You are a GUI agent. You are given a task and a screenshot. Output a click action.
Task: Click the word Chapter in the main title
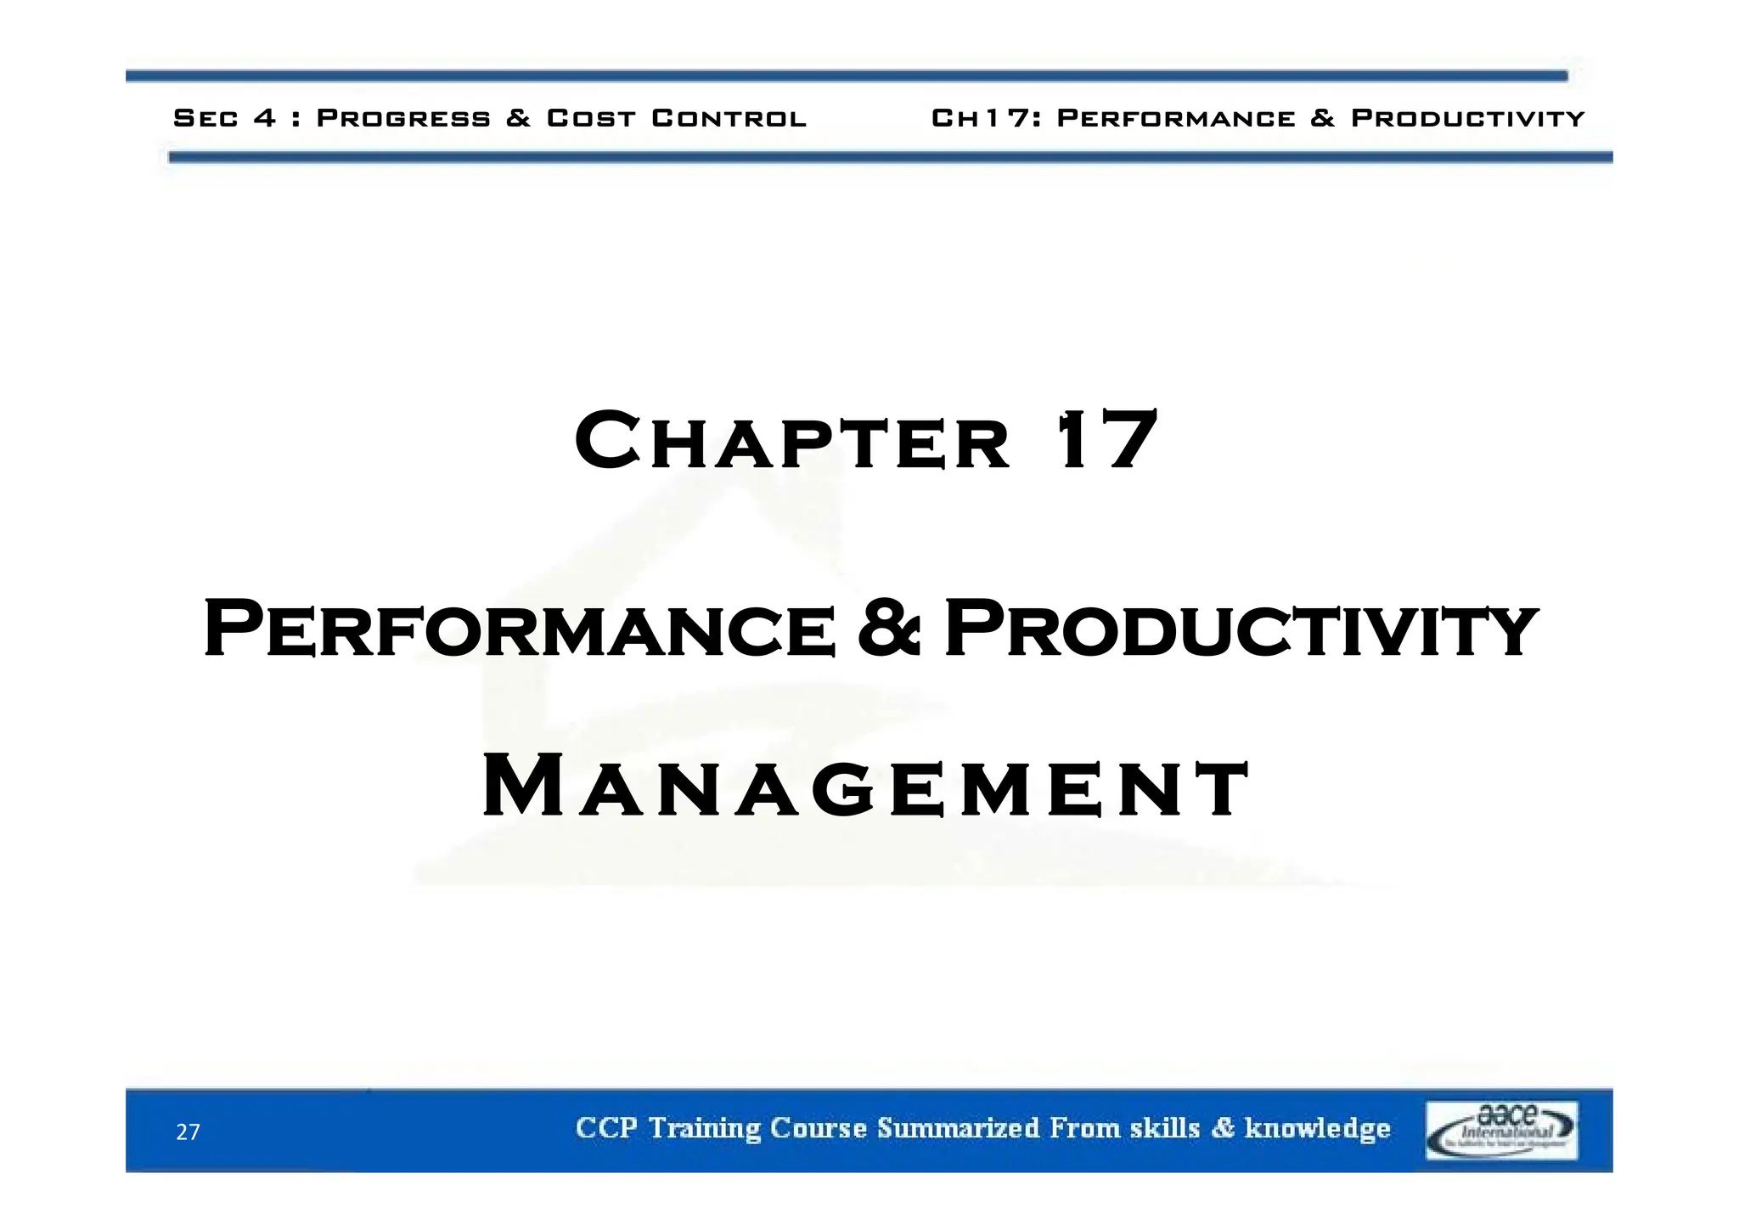[792, 442]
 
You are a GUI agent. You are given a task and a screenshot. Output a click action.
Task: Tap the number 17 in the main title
[1106, 440]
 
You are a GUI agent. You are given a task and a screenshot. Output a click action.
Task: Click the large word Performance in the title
[520, 629]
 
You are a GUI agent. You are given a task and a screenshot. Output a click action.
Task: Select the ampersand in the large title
[888, 629]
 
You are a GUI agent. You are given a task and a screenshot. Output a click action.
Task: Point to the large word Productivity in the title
[1240, 629]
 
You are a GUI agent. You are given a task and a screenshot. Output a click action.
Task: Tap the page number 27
[188, 1132]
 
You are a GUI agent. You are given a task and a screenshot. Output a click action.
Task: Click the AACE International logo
[1501, 1130]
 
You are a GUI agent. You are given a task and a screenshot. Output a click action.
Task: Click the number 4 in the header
[265, 118]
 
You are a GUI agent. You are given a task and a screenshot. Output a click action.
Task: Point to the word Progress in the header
[403, 118]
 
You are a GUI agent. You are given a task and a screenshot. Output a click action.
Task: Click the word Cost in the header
[591, 118]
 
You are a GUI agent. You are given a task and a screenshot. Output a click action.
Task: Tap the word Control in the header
[729, 118]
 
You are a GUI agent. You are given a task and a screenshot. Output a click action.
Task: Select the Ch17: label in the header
[986, 118]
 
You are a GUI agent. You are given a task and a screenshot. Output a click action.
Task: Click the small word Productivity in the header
[1467, 118]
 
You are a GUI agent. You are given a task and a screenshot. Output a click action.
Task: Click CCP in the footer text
[606, 1128]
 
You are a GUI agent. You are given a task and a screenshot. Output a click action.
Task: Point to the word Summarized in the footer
[958, 1128]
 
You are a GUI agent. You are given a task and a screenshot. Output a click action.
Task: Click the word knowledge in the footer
[1317, 1129]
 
